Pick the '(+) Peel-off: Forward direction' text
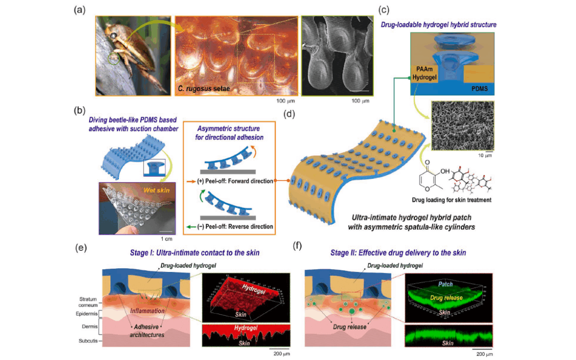pos(230,181)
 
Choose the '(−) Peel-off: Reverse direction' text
pos(230,227)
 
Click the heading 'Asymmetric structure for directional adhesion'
pos(230,133)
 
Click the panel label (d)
pos(289,113)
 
